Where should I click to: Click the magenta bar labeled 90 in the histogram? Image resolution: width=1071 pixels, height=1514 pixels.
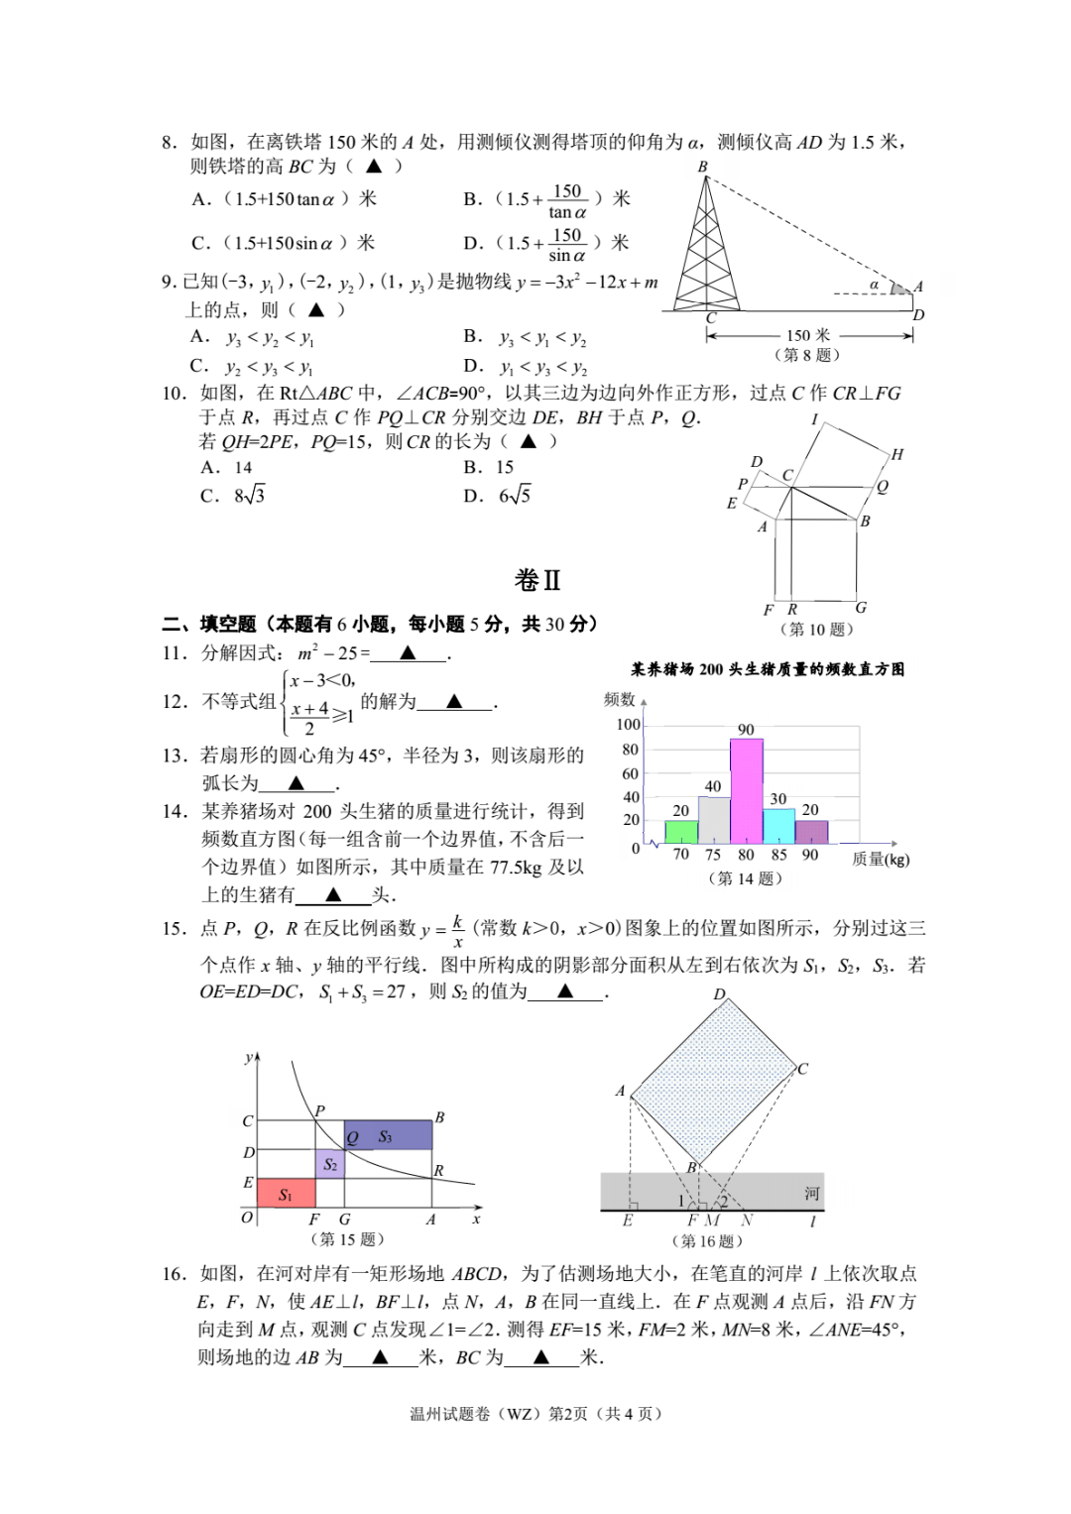pos(746,791)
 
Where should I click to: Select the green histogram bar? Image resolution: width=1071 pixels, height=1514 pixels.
pos(680,832)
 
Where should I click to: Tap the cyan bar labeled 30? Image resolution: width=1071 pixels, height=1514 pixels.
pos(778,826)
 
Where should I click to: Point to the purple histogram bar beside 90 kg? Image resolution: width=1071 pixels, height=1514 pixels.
pos(811,832)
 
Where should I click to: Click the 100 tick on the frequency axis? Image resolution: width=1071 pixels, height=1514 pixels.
pos(629,725)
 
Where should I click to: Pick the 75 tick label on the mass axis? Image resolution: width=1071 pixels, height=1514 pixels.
pos(713,855)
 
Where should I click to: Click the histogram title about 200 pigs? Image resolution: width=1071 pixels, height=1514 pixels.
pos(768,669)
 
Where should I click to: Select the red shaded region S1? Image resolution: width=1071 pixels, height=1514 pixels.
pos(286,1193)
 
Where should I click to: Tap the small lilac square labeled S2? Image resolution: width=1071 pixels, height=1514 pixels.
pos(330,1164)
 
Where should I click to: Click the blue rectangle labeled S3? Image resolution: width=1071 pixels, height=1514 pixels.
pos(388,1135)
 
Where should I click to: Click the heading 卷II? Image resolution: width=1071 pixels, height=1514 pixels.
pos(537,580)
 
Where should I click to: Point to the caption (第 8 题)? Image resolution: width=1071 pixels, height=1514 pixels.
pos(807,355)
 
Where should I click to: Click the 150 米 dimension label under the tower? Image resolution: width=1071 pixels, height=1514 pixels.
pos(808,335)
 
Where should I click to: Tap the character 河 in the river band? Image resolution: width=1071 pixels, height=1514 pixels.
pos(811,1193)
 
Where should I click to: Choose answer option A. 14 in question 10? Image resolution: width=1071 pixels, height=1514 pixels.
pos(227,467)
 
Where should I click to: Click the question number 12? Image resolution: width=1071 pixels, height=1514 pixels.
pos(175,701)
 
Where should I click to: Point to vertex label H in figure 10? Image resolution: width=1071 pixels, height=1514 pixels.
pos(896,455)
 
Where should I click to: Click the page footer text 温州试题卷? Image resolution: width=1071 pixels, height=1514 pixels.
pos(449,1413)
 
